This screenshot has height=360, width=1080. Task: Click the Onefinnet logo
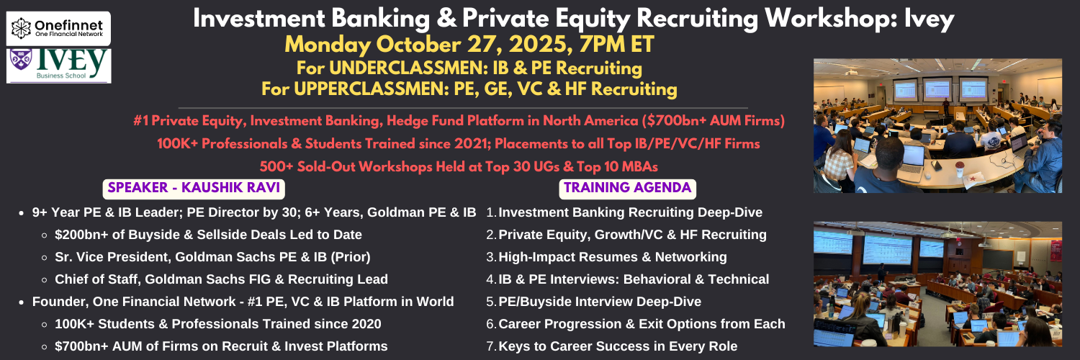(x=58, y=28)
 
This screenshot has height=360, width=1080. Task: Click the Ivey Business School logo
(x=58, y=66)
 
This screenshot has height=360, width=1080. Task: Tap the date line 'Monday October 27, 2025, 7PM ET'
(x=469, y=45)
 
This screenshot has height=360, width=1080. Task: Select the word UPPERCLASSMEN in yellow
(x=372, y=89)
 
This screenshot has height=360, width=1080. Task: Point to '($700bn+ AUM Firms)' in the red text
(x=713, y=120)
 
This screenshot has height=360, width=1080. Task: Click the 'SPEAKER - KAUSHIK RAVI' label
(x=194, y=188)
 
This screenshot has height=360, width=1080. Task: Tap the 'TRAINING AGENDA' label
(x=628, y=188)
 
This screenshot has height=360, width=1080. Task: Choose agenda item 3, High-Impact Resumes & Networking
(x=606, y=257)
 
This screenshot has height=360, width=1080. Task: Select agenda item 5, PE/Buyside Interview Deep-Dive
(x=593, y=302)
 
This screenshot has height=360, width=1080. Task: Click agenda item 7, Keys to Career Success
(x=612, y=346)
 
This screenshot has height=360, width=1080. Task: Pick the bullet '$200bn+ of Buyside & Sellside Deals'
(x=208, y=235)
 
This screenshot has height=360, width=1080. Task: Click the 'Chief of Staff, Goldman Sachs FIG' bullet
(x=221, y=279)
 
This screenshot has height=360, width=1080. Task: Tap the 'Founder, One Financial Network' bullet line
(x=243, y=302)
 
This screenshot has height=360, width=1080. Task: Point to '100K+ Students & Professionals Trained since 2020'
(x=217, y=324)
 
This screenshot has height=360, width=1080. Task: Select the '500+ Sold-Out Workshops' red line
(x=459, y=167)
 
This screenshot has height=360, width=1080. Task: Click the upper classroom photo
(x=937, y=126)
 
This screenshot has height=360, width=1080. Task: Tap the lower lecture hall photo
(x=937, y=284)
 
